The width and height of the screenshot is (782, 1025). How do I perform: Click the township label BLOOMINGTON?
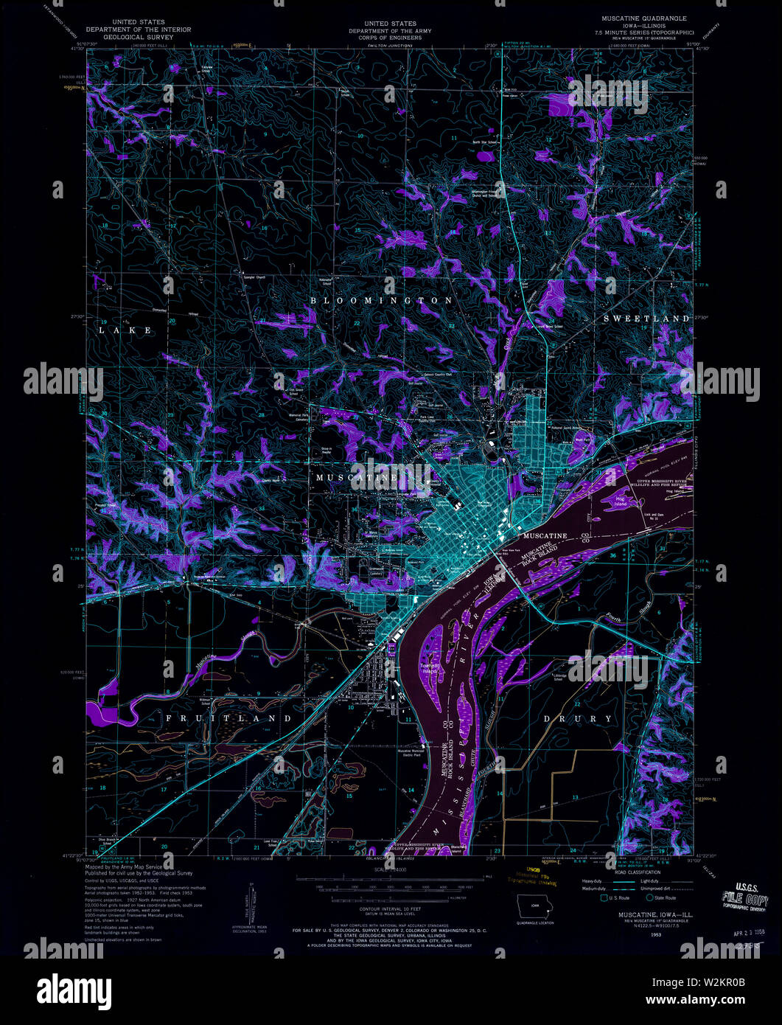[x=381, y=301]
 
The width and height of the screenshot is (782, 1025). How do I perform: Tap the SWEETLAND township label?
[x=647, y=319]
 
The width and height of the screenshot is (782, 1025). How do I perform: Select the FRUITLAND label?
[x=228, y=717]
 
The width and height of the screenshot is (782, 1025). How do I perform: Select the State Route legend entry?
[x=661, y=897]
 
